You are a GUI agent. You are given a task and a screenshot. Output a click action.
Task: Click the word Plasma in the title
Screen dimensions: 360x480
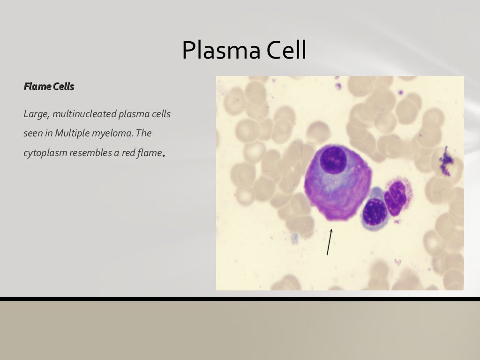click(221, 51)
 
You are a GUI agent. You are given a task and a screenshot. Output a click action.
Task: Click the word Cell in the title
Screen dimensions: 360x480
click(286, 51)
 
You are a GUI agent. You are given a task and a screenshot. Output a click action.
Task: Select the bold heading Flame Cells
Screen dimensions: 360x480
click(49, 87)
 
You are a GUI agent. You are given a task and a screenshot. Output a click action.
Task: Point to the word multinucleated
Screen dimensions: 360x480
click(82, 114)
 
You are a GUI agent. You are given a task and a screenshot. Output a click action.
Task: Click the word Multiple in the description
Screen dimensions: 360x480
click(70, 133)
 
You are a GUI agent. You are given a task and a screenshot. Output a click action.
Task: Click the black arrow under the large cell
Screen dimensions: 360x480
click(330, 242)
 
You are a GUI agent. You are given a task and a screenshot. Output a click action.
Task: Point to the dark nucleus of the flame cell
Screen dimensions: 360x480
click(333, 160)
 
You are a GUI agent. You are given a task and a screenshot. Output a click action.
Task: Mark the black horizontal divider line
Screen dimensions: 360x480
click(240, 299)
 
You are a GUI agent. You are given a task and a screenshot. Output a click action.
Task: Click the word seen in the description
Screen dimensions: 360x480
click(32, 134)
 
